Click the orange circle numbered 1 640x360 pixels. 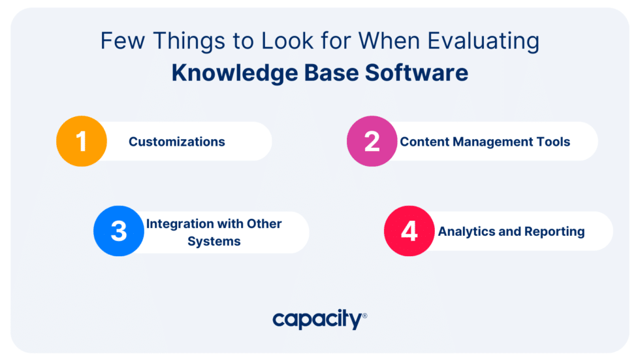82,142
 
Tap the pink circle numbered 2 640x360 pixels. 372,142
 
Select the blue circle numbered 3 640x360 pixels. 119,231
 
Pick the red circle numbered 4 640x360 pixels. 409,231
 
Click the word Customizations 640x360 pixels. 176,142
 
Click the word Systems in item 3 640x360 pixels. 214,241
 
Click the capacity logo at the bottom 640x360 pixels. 317,319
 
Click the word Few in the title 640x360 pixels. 121,41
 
